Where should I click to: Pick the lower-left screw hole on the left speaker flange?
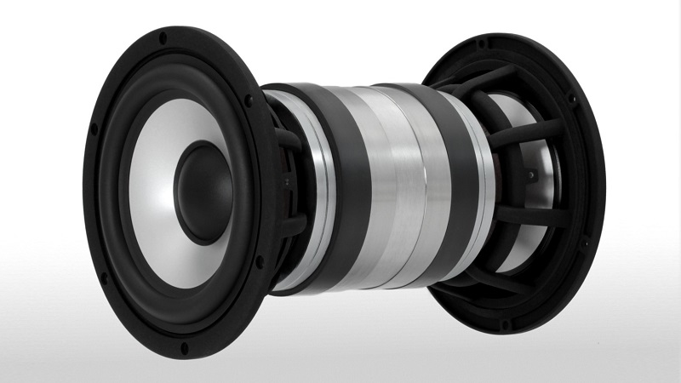104,277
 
